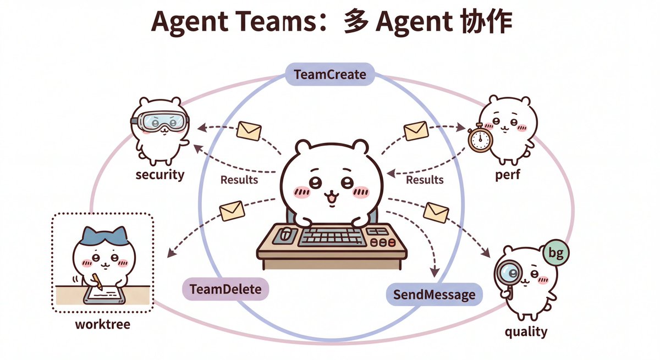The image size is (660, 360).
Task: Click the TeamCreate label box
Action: [330, 74]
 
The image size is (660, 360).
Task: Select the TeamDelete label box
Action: [226, 289]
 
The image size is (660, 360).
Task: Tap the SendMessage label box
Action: [434, 295]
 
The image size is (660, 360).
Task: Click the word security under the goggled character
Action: [159, 175]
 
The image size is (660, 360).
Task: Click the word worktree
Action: [103, 324]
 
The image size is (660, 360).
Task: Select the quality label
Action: [526, 331]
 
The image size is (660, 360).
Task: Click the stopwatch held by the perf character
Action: [480, 138]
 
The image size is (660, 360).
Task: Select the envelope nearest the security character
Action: [249, 131]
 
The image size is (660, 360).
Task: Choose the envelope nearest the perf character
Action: [416, 131]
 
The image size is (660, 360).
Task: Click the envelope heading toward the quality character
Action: [436, 212]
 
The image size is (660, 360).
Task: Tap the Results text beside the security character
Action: [239, 179]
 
